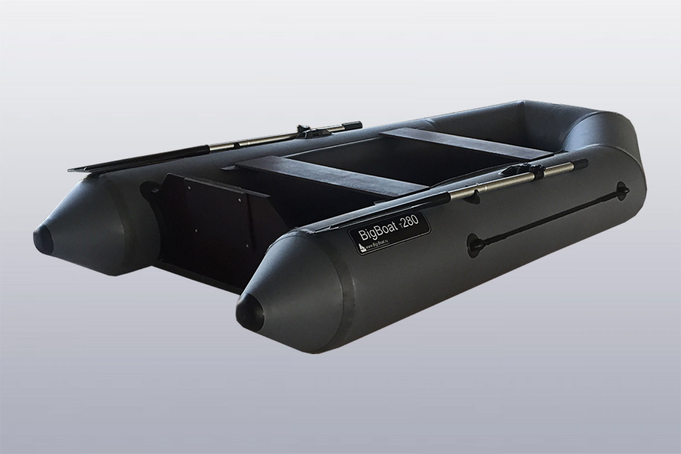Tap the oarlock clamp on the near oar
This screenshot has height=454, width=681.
tap(518, 172)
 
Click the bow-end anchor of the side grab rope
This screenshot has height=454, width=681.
tap(623, 193)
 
